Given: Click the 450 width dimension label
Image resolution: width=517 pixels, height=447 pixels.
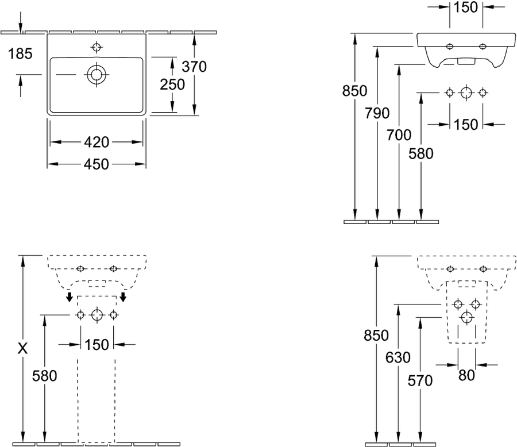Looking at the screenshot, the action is click(x=97, y=164).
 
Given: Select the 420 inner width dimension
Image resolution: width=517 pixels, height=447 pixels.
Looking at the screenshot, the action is click(x=97, y=142).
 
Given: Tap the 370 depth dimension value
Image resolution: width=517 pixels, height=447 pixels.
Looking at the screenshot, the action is click(x=194, y=67).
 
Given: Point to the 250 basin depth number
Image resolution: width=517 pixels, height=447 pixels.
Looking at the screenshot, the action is click(x=172, y=85).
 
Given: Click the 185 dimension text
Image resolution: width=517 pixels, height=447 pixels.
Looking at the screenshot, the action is click(x=20, y=54).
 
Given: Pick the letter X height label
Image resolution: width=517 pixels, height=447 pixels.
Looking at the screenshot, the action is click(x=22, y=348).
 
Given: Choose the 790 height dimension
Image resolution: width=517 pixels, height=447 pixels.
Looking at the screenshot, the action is click(x=377, y=114).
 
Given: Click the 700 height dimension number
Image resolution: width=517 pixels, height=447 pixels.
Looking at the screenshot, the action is click(x=399, y=135).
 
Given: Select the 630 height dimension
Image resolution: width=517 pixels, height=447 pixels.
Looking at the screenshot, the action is click(x=398, y=357).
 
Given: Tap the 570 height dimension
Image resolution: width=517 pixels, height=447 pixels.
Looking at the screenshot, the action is click(x=420, y=381).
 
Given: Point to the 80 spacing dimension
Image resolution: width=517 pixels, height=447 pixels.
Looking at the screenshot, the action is click(x=466, y=375).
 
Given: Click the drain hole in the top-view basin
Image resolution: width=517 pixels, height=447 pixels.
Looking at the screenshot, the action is click(x=97, y=75).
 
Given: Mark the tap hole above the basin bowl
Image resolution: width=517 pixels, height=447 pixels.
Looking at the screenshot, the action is click(x=97, y=47).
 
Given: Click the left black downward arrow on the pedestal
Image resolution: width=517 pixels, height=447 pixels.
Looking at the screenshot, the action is click(x=70, y=296).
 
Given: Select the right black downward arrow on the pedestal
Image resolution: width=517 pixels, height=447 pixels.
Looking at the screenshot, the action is click(x=124, y=296).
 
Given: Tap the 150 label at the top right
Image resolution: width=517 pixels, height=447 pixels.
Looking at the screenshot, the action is click(x=465, y=7).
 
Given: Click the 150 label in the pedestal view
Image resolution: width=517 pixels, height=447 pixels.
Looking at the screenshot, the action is click(x=97, y=345).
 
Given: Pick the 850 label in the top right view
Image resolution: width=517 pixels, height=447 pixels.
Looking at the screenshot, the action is click(x=354, y=91).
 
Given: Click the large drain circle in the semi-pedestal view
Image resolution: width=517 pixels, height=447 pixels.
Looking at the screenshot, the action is click(x=466, y=317).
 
